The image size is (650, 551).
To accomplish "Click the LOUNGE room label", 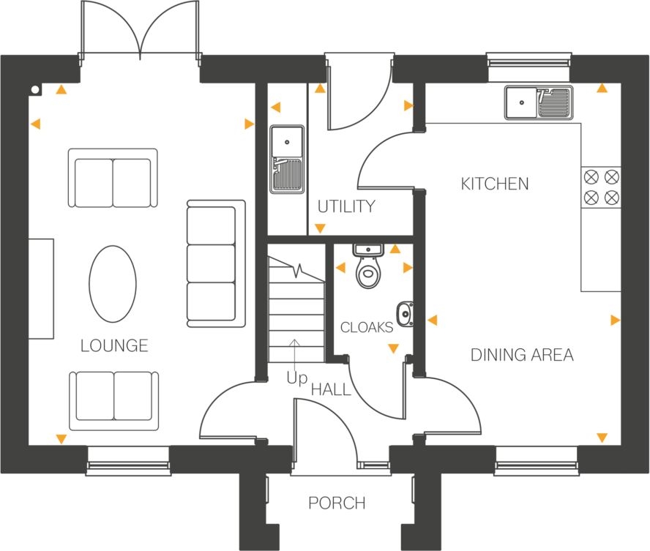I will pyautogui.click(x=114, y=345).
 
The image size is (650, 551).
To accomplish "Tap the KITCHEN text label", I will pyautogui.click(x=495, y=184).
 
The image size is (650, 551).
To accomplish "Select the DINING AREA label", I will pyautogui.click(x=521, y=356).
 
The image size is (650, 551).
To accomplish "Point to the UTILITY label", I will pyautogui.click(x=346, y=207).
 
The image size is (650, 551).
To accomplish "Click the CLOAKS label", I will pyautogui.click(x=366, y=328).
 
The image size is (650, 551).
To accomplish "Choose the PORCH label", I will pyautogui.click(x=337, y=503).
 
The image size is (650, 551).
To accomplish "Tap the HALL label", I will pyautogui.click(x=332, y=390).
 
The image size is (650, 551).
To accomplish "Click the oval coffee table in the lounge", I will pyautogui.click(x=113, y=283).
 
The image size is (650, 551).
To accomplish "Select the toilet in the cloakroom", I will pyautogui.click(x=369, y=268).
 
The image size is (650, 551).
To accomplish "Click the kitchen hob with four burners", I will pyautogui.click(x=601, y=187).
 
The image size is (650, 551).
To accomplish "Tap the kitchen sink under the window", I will pyautogui.click(x=538, y=102).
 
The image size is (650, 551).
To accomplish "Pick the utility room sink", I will pyautogui.click(x=287, y=158).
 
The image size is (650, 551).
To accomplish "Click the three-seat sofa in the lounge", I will pyautogui.click(x=216, y=263).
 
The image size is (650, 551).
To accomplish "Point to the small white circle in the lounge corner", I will pyautogui.click(x=35, y=89).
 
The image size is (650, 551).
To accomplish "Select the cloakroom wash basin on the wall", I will pyautogui.click(x=406, y=314).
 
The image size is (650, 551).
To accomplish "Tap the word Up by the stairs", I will pyautogui.click(x=296, y=379).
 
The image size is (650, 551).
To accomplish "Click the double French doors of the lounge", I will pyautogui.click(x=140, y=29).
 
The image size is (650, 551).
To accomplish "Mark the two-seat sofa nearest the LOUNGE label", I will pyautogui.click(x=114, y=400).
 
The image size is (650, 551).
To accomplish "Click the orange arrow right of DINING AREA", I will pyautogui.click(x=615, y=320).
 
